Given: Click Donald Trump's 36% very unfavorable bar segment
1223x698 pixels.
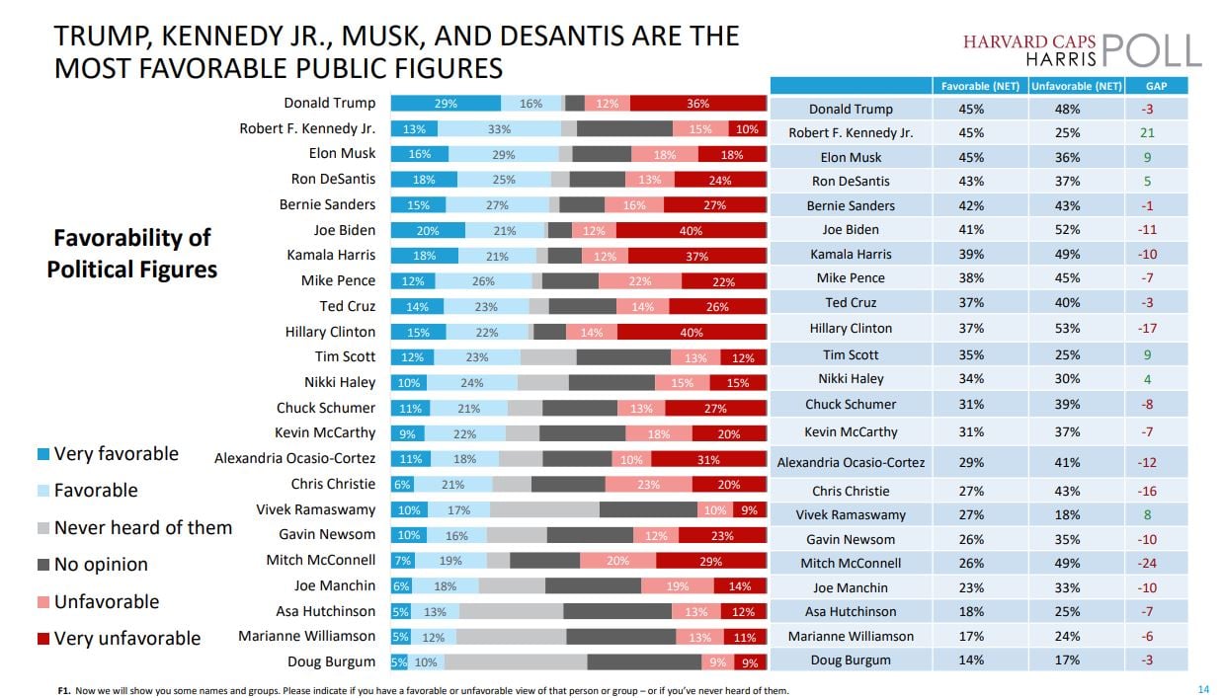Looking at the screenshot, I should point(698,104).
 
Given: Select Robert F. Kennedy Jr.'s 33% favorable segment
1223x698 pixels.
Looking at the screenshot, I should point(499,129).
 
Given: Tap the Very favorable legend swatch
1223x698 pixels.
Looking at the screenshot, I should point(43,454).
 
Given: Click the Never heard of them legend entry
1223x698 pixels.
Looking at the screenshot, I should point(142,527).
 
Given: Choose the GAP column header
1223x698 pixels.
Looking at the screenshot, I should point(1156,86).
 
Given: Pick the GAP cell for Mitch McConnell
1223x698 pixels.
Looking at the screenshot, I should point(1146,563).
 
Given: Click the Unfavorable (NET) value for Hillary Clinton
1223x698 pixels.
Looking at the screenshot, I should point(1067,328).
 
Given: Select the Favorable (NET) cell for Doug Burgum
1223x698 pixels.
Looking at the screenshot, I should point(970,659).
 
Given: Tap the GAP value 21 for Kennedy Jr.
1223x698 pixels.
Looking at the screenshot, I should point(1146,132).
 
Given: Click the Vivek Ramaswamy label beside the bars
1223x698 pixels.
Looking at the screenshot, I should point(315,509).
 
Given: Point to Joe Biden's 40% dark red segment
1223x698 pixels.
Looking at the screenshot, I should point(691,231).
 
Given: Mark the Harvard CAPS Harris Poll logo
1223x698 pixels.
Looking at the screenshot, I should point(1082,48).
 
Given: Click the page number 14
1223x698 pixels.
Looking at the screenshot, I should point(1202,689).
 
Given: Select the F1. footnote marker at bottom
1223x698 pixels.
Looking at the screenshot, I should point(64,690).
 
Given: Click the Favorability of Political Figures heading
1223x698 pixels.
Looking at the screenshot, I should point(132,254).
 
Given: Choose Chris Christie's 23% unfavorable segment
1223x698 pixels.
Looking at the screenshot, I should point(648,485).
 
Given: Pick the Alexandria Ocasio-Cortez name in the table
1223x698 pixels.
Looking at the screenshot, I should point(851,462).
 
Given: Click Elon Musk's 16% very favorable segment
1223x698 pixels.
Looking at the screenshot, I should point(419,155).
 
